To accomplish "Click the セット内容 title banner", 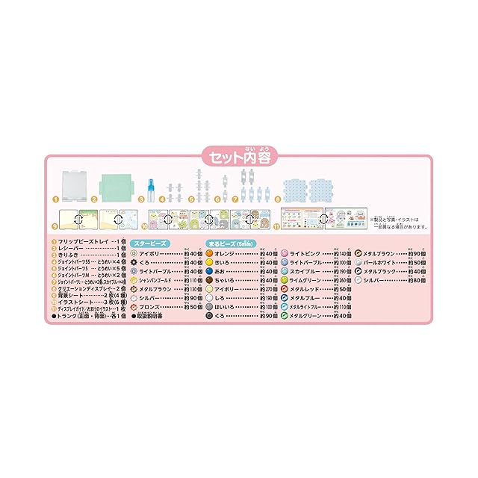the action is [x=239, y=158].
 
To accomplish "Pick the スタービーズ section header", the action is [x=151, y=243].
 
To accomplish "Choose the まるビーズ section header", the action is [x=232, y=243].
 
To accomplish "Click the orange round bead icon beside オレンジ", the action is [x=210, y=253].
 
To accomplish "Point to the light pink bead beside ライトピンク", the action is [x=285, y=253].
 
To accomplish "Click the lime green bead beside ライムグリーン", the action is [x=285, y=280].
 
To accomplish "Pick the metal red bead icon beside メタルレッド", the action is [x=285, y=289].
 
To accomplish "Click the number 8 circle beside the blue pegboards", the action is [x=277, y=199].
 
